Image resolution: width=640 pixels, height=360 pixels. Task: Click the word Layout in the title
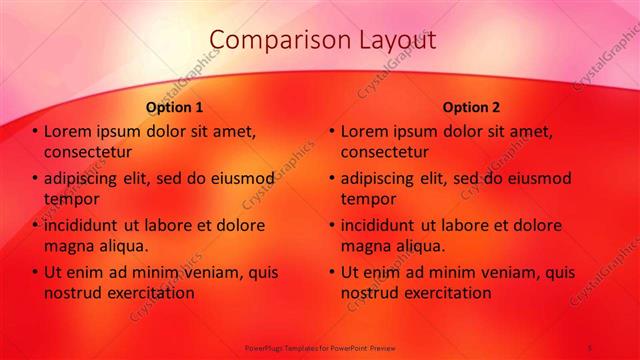pyautogui.click(x=396, y=40)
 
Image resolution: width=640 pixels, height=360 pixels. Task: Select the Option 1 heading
pyautogui.click(x=175, y=106)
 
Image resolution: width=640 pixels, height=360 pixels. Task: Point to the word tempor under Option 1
pyautogui.click(x=71, y=199)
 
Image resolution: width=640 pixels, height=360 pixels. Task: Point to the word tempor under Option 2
pyautogui.click(x=368, y=199)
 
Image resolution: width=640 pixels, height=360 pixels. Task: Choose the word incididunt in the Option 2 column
pyautogui.click(x=382, y=225)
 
